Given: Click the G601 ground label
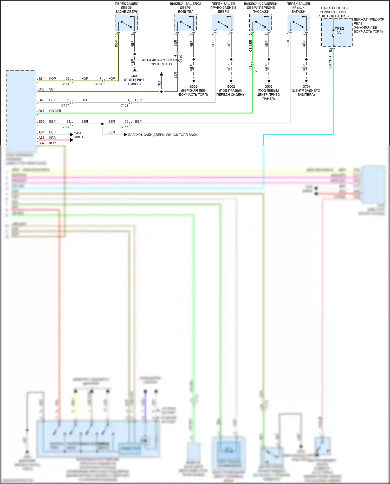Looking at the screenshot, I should tap(134, 76).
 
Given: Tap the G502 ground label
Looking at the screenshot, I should tap(193, 87).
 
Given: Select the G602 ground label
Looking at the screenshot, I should tap(231, 87).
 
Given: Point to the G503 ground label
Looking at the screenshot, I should tap(268, 87).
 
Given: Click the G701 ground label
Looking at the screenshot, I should tap(306, 87).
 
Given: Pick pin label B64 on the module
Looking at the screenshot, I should tap(42, 79).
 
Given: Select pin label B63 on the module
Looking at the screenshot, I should tap(42, 89).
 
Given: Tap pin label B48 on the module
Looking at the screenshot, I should tap(42, 100).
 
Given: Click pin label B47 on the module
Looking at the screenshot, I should tap(42, 111).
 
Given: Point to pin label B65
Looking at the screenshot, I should tap(42, 121).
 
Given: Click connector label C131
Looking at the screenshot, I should tap(99, 84).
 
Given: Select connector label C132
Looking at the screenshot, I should tap(124, 105).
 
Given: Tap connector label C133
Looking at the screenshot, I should tap(124, 127).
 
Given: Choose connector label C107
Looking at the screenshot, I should tap(65, 105).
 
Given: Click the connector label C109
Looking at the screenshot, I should tap(256, 69).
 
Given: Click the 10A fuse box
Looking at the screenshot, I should tap(337, 33).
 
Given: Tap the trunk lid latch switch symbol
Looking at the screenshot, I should tap(298, 23).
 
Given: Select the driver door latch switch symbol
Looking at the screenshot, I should tap(185, 23).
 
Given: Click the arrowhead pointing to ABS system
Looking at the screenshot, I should tap(161, 74).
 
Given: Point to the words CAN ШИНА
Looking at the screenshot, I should tap(79, 135).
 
